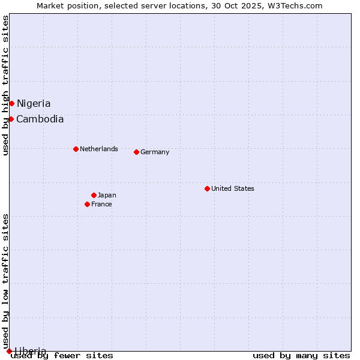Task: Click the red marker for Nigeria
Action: tap(11, 104)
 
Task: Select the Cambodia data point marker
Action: tap(11, 119)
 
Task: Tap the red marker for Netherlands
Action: tap(76, 149)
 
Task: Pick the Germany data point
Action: tap(136, 152)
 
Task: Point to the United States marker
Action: tap(207, 188)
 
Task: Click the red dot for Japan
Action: tap(94, 195)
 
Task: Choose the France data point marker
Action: tap(87, 204)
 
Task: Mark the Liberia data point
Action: tap(9, 351)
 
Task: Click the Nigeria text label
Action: tap(34, 104)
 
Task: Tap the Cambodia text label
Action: tap(40, 119)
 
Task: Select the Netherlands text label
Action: tap(99, 149)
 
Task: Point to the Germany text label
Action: tap(155, 152)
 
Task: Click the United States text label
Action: tap(233, 188)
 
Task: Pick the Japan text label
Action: tap(107, 195)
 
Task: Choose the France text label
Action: tap(101, 204)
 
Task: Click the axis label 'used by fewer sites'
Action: tap(62, 355)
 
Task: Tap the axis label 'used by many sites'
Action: tap(301, 355)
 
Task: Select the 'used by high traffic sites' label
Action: tap(5, 85)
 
